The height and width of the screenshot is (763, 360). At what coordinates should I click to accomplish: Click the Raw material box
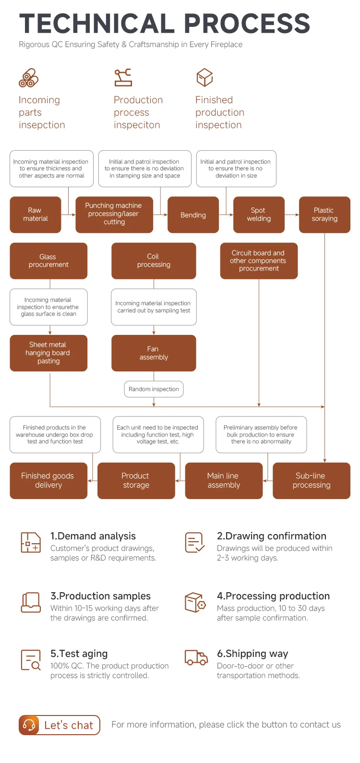point(36,215)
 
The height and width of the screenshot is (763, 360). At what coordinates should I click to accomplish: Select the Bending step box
point(193,215)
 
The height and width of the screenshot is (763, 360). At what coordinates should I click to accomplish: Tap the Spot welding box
point(259,215)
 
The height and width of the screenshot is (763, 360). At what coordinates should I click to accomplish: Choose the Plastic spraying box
point(324,215)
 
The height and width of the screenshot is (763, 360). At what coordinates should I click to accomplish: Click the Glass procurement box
point(48,261)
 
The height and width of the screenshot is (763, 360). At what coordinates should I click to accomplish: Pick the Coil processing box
point(154,261)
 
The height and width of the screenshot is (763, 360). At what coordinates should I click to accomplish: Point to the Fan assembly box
point(154,353)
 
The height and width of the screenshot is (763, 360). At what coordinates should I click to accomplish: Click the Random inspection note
point(154,389)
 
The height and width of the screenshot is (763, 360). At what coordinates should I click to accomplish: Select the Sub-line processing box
point(312,481)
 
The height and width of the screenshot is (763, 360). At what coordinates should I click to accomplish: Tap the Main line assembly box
point(224,481)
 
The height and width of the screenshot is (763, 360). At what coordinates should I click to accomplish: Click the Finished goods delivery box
point(48,481)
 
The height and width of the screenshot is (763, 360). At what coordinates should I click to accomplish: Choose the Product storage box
point(136,481)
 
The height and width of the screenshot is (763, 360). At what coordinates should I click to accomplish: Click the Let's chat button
point(59,725)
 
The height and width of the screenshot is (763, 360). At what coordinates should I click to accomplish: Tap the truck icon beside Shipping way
point(196,658)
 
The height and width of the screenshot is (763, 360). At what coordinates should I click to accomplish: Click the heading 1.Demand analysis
point(93,536)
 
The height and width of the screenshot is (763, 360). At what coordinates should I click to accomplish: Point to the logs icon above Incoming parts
point(29,78)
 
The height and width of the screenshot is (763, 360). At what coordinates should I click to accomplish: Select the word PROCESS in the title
point(247,24)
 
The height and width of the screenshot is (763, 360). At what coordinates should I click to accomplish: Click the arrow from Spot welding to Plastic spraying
point(292,215)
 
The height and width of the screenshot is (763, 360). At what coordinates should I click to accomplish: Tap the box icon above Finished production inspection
point(204,77)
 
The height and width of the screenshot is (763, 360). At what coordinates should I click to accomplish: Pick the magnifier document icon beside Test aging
point(31,660)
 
